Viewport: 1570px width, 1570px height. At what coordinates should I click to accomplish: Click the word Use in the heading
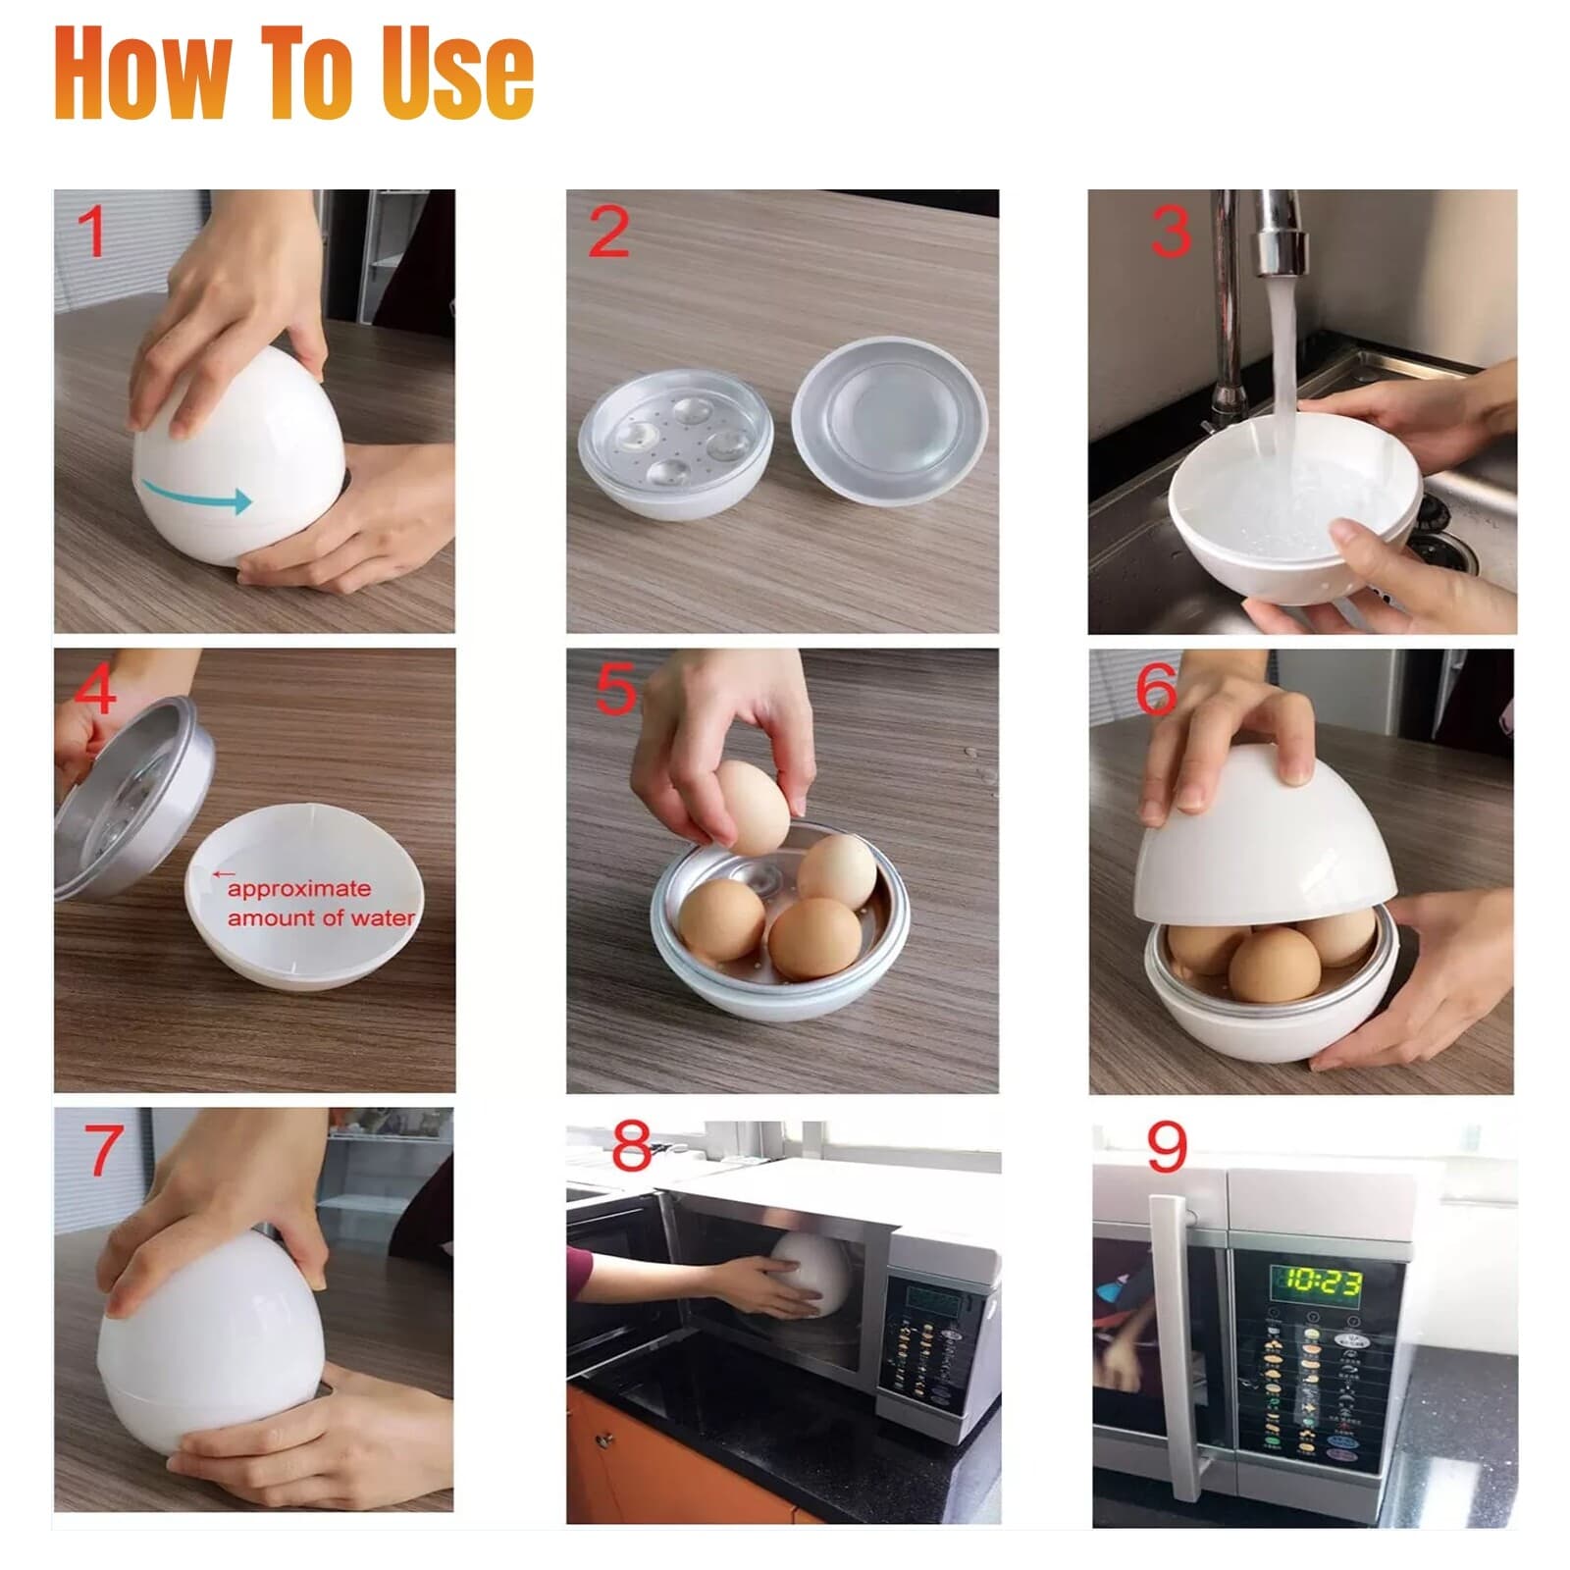coord(457,74)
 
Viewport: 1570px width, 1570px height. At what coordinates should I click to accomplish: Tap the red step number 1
coord(92,233)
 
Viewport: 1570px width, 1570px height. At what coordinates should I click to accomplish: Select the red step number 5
coord(615,690)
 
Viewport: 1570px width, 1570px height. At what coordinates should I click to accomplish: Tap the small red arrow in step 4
coord(224,872)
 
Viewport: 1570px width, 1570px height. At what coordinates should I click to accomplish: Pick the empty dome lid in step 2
coord(889,420)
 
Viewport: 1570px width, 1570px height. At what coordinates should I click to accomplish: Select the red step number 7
coord(104,1150)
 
